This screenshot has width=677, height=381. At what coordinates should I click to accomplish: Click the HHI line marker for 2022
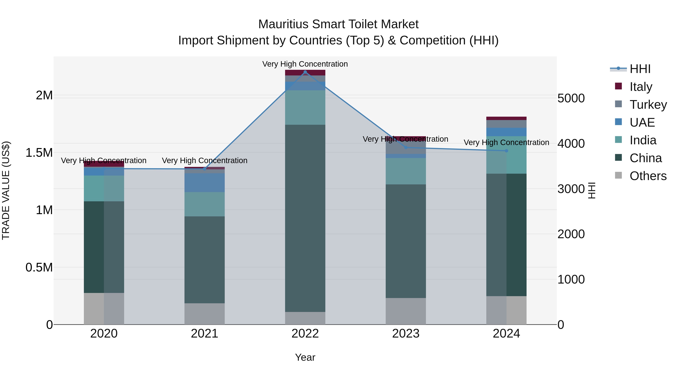pos(305,72)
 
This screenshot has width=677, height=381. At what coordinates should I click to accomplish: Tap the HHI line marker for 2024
pos(506,151)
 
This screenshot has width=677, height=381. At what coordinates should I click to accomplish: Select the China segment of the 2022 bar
pos(305,218)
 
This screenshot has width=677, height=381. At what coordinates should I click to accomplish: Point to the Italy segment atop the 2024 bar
pos(506,118)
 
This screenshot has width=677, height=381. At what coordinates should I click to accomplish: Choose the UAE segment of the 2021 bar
pos(204,183)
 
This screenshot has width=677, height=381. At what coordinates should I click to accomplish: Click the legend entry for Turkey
pos(648,104)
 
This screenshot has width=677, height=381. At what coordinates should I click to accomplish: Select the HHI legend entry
pos(640,69)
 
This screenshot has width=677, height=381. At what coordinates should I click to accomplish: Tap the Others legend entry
pos(648,176)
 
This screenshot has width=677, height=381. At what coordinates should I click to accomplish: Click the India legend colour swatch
pos(618,140)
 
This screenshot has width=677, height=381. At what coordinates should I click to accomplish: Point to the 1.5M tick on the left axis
pos(39,153)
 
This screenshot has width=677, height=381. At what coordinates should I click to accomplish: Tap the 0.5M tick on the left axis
pos(39,267)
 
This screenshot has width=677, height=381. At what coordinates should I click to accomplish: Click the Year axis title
pos(305,357)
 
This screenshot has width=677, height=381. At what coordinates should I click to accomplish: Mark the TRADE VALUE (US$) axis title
pos(6,190)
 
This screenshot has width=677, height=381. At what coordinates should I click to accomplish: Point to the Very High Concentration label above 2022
pos(305,64)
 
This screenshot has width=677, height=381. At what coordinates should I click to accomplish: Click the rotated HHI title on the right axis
pos(592,190)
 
